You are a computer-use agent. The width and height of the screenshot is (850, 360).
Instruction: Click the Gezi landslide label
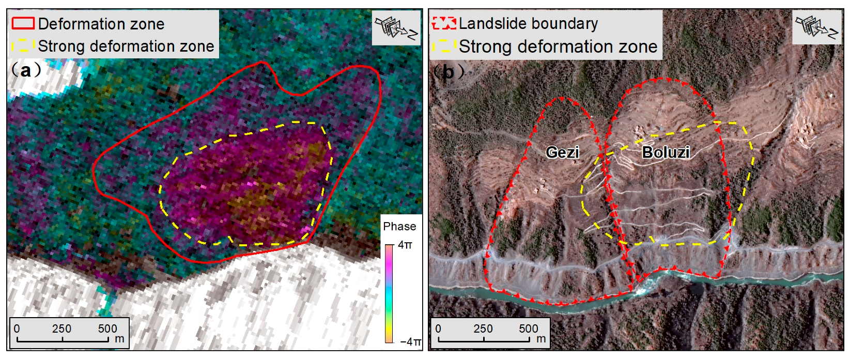[562, 152]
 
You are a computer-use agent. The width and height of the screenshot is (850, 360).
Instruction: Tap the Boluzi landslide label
[666, 152]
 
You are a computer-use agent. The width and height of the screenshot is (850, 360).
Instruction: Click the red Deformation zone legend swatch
[23, 23]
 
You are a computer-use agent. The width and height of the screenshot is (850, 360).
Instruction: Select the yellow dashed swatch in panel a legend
[23, 46]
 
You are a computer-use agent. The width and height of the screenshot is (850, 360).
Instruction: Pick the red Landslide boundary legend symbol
[444, 23]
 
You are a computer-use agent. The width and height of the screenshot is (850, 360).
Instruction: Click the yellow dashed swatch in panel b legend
[444, 46]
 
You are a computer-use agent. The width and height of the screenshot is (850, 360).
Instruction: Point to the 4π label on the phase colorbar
[405, 245]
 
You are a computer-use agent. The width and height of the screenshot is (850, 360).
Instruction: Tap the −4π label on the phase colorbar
[410, 341]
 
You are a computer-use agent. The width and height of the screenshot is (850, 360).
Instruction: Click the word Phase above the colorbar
[399, 226]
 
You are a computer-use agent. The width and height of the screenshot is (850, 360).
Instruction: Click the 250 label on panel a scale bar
[61, 328]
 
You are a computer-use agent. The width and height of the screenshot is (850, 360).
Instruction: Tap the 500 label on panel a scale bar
[107, 328]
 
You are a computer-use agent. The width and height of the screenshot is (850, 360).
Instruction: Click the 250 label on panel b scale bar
[483, 328]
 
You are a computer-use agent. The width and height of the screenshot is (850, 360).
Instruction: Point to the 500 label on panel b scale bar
[529, 328]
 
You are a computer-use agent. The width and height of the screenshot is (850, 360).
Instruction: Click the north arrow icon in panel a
[396, 28]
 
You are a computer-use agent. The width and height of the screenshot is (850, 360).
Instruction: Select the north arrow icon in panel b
[817, 27]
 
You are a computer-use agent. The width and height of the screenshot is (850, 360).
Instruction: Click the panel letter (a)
[25, 70]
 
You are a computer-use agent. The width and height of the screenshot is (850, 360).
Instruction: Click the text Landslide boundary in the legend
[528, 23]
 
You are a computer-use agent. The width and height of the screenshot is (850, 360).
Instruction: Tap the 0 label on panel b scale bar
[438, 328]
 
